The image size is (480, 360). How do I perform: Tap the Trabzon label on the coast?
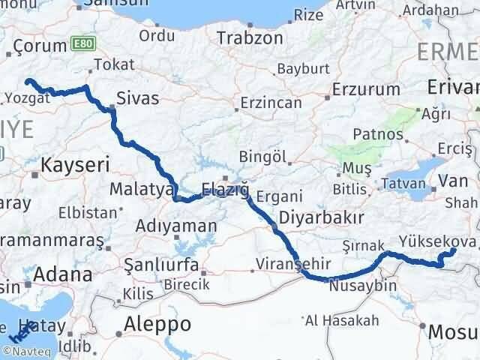(x=250, y=37)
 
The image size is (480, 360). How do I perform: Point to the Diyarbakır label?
(x=311, y=217)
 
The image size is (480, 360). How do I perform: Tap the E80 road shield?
(x=82, y=45)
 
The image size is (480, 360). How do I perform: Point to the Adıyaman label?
(x=177, y=225)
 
